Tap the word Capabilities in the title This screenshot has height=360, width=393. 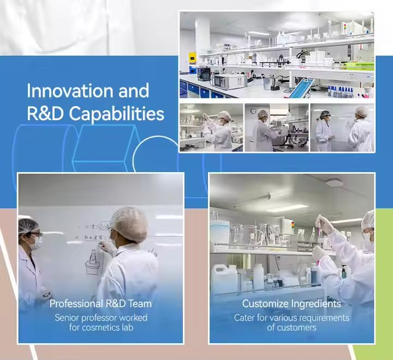click(x=117, y=114)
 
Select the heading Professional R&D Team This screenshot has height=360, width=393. click(x=100, y=304)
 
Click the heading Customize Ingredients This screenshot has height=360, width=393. click(x=291, y=304)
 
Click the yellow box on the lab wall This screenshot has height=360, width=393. click(x=192, y=58)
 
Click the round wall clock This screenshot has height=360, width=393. click(x=254, y=111)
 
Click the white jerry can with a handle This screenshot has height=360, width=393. click(x=223, y=279)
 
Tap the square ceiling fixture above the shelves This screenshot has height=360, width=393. click(x=334, y=182)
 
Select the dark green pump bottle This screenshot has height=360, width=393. click(x=344, y=272)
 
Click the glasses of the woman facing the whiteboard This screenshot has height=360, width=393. click(x=36, y=235)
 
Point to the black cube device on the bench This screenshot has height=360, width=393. click(x=204, y=73)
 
